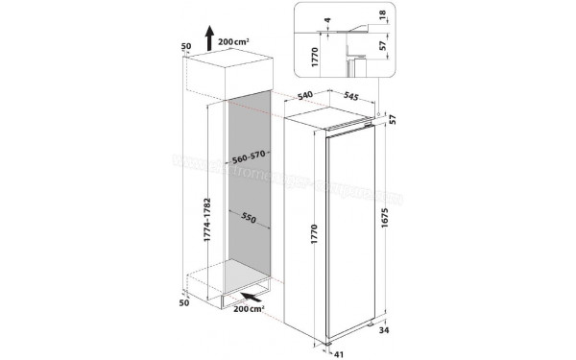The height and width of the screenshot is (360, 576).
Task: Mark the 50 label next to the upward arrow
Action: click(x=186, y=45)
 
